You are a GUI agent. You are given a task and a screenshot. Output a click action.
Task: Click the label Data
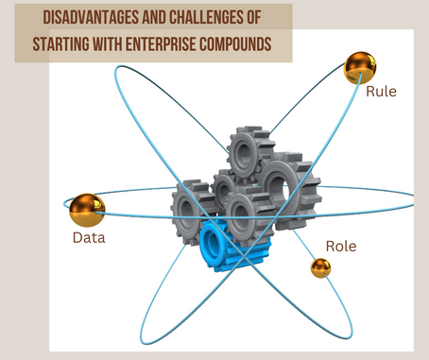coord(89,237)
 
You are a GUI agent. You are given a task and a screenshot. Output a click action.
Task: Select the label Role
coord(341,245)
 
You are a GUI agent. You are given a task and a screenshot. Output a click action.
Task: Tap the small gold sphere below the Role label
coord(320,268)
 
